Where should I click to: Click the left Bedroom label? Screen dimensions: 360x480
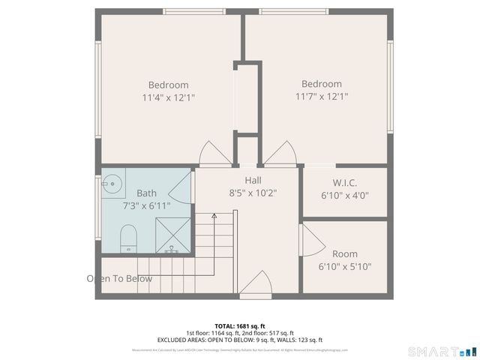[168, 85]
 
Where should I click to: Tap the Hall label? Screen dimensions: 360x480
[253, 180]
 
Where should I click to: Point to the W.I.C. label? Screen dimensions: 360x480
[344, 183]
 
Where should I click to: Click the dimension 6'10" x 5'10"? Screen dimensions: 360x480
[344, 266]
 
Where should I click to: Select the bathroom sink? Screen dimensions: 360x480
[112, 182]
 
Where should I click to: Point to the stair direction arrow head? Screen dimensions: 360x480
[214, 216]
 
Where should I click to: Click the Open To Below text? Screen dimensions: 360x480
[119, 279]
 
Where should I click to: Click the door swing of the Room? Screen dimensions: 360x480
[311, 242]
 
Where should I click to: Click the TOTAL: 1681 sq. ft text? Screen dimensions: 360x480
[240, 326]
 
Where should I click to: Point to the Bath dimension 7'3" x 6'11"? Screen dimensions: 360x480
[146, 205]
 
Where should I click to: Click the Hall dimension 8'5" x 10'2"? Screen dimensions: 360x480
[253, 192]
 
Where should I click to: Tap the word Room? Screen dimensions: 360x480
[344, 254]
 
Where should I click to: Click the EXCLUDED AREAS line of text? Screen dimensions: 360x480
[240, 340]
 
